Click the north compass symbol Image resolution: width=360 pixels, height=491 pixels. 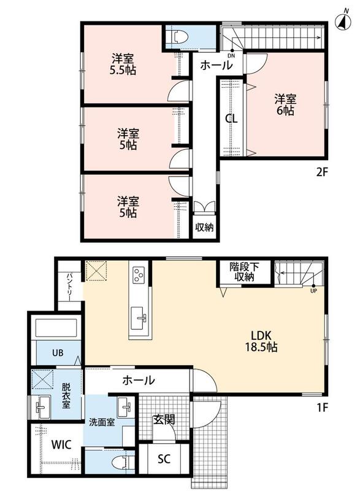[343, 20]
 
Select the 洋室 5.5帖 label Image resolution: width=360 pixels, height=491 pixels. [123, 64]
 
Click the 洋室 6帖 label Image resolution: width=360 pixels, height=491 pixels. [285, 104]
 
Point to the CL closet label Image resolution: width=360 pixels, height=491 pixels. [231, 118]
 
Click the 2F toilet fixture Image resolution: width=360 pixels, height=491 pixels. [178, 37]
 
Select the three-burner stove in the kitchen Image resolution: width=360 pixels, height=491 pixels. [139, 274]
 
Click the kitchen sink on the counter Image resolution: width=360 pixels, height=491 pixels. [138, 318]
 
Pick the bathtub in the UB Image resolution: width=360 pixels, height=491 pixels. [56, 328]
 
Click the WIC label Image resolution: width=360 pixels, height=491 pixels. [61, 444]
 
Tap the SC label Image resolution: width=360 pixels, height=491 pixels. [164, 458]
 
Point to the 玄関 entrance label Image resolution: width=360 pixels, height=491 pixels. [164, 419]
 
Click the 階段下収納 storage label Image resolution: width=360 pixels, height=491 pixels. [244, 272]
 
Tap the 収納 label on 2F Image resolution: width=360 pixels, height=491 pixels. [204, 227]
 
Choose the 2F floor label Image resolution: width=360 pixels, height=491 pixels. [322, 172]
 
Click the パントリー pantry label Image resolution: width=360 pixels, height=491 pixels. [69, 287]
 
